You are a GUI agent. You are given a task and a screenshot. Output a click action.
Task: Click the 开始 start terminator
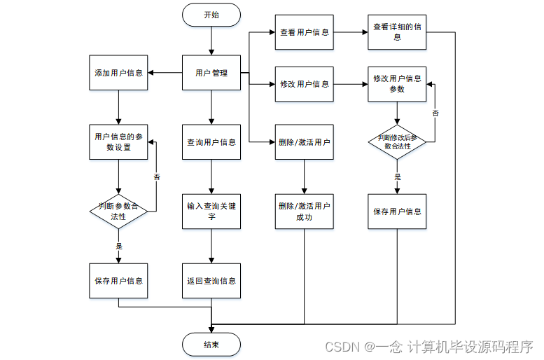coord(211,14)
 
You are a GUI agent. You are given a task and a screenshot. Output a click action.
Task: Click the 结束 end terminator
coord(211,344)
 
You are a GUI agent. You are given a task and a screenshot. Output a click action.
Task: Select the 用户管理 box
coord(211,73)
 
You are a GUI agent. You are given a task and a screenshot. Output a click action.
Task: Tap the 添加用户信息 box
coord(118,73)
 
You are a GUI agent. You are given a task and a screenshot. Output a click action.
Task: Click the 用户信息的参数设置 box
coord(118,141)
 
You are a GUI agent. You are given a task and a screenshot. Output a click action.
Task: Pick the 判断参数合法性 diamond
coord(118,211)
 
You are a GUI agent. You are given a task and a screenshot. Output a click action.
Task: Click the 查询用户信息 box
coord(211,141)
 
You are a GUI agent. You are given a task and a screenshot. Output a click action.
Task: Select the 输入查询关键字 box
coord(211,211)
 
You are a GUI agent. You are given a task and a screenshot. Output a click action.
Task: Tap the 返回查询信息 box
coord(211,280)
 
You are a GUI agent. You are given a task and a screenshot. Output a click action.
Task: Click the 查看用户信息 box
coord(304,32)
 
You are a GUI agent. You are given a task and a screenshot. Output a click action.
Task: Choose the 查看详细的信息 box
coord(397,32)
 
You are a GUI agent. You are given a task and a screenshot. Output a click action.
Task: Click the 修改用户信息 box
coord(304,84)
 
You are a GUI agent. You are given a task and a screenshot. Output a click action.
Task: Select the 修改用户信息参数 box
coord(397,84)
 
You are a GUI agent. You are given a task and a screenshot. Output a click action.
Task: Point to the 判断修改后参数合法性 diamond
coord(397,141)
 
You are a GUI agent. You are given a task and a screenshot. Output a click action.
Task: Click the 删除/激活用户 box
coord(304,141)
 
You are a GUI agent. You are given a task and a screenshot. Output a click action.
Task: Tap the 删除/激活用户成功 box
coord(304,211)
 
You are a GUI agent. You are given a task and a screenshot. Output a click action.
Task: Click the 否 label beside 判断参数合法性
coord(157,176)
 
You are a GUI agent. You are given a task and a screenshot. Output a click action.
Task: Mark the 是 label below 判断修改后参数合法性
coord(398,176)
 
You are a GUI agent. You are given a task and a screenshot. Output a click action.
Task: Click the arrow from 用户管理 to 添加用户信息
coord(165,73)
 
